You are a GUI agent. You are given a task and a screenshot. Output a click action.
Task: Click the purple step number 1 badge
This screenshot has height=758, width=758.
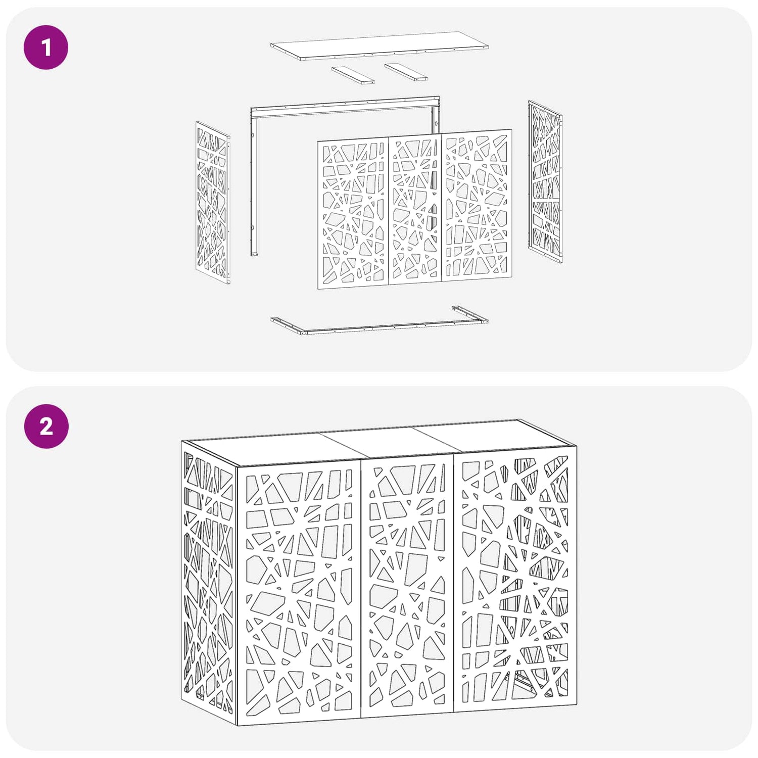[46, 48]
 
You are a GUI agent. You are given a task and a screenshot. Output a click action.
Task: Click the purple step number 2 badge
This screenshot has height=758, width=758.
[46, 426]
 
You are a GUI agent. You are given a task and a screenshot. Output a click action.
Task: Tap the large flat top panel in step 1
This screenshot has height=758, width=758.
[380, 45]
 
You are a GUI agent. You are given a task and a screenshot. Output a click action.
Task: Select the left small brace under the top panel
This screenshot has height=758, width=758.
[353, 75]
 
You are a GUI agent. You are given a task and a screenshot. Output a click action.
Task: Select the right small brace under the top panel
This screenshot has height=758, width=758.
[406, 72]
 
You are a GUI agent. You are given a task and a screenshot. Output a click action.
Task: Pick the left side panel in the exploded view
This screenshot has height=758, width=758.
[213, 202]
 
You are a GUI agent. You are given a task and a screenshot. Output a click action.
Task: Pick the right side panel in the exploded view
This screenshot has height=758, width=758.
[545, 182]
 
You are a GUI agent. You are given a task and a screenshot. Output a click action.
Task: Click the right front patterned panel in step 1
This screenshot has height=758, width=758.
[477, 205]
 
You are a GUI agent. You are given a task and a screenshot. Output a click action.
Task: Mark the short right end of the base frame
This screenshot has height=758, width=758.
[470, 314]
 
